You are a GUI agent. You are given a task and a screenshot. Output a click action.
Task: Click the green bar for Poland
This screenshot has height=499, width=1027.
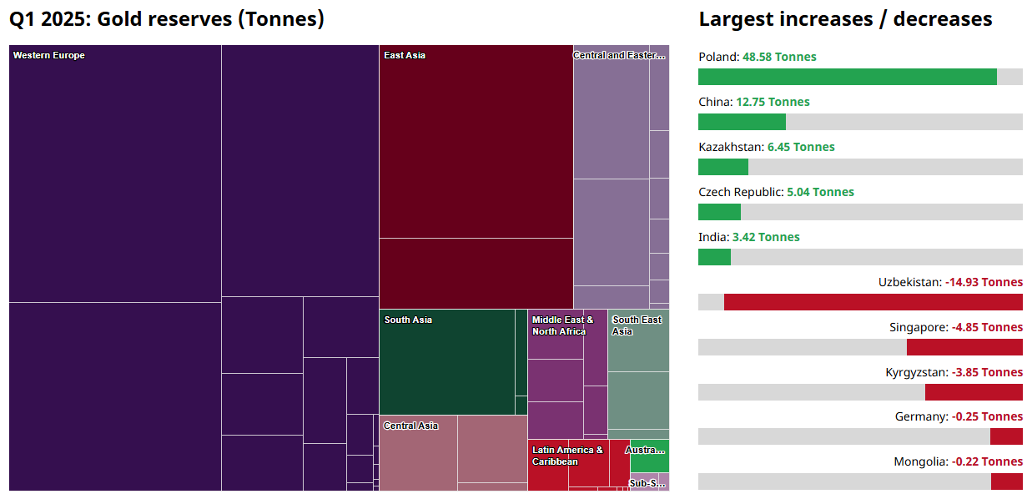[x=847, y=77]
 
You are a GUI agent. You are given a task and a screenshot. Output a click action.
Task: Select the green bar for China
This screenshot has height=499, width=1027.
[x=742, y=122]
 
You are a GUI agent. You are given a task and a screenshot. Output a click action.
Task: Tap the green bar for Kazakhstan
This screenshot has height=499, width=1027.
[x=723, y=167]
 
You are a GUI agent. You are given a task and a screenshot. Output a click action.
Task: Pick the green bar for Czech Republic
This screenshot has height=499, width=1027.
[x=719, y=212]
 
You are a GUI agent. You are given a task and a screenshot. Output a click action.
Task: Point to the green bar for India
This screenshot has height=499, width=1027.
[x=714, y=257]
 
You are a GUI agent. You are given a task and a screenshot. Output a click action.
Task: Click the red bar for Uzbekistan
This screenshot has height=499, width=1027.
[x=873, y=302]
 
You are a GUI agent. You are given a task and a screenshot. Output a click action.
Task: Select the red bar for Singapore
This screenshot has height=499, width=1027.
[x=964, y=347]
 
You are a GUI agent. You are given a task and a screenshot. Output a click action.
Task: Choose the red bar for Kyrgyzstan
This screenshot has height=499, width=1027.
[x=974, y=392]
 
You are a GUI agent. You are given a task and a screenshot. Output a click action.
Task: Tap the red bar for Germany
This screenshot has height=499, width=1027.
[x=1006, y=436]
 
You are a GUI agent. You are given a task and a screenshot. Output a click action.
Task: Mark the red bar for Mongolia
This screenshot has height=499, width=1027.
[x=1006, y=481]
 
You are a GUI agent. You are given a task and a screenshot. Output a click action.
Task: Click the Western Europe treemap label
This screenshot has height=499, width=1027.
[x=49, y=56]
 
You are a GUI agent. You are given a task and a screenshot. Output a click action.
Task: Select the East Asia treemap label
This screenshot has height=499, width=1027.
[x=405, y=56]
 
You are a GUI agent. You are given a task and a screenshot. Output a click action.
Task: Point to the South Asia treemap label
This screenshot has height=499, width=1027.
[x=408, y=320]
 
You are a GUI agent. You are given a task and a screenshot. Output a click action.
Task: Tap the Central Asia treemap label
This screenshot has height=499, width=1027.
[x=410, y=426]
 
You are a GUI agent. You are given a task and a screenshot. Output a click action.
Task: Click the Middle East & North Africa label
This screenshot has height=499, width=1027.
[x=562, y=326]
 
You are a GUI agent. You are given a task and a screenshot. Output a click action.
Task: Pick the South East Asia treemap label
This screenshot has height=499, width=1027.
[x=637, y=326]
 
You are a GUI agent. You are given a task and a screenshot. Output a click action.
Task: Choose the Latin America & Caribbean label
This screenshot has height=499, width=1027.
[x=567, y=456]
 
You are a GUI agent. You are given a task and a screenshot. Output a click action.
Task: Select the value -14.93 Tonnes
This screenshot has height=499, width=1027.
[x=984, y=283]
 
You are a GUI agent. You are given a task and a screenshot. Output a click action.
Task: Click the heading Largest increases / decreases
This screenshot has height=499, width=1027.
[x=845, y=20]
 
